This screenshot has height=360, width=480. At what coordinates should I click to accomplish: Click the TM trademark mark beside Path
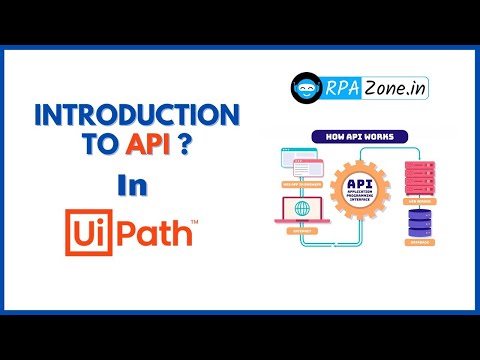(x=193, y=220)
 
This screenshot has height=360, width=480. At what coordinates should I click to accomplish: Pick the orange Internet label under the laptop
(x=299, y=231)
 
